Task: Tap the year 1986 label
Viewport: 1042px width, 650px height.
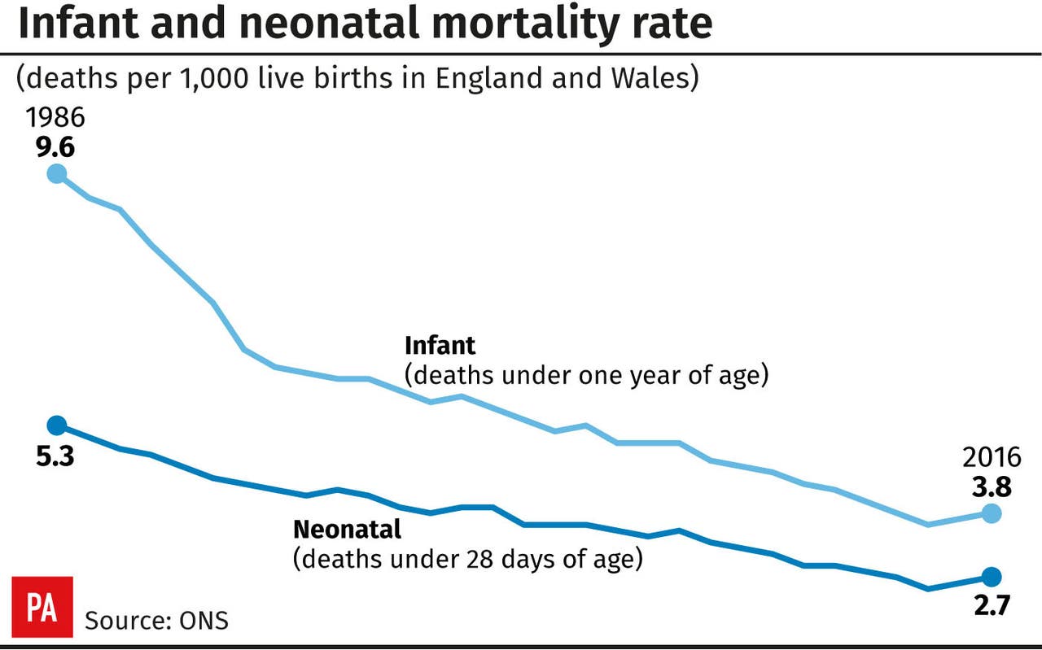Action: click(x=55, y=119)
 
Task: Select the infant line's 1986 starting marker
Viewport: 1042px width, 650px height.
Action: click(x=56, y=173)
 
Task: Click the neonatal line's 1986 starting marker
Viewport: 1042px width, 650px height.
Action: click(x=56, y=425)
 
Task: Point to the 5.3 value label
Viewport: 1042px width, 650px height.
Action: click(x=55, y=457)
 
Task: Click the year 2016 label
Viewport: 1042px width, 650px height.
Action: click(x=991, y=456)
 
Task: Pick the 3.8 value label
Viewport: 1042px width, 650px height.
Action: click(x=992, y=486)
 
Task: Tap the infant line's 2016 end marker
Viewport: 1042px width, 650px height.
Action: click(x=991, y=513)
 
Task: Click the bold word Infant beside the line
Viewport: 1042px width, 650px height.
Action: click(x=440, y=346)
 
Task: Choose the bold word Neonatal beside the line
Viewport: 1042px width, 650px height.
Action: click(x=347, y=530)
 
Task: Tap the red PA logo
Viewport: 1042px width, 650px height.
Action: click(x=42, y=607)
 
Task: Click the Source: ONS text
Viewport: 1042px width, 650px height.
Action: click(x=157, y=621)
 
